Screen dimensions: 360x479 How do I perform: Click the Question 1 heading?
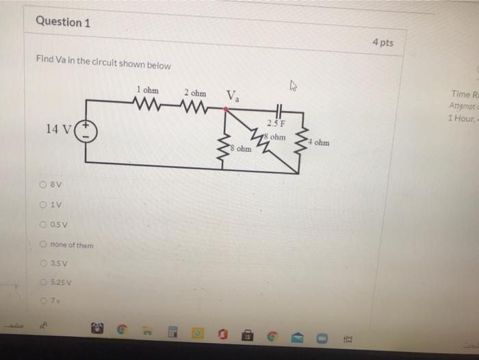click(63, 22)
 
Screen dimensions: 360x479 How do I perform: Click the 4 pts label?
click(383, 42)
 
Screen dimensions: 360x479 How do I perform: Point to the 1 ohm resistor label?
click(147, 90)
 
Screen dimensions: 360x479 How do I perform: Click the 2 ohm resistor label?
click(194, 92)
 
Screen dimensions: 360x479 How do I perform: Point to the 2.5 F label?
click(277, 123)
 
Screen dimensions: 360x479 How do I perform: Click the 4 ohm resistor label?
click(318, 143)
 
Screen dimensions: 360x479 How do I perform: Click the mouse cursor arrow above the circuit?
click(294, 86)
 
